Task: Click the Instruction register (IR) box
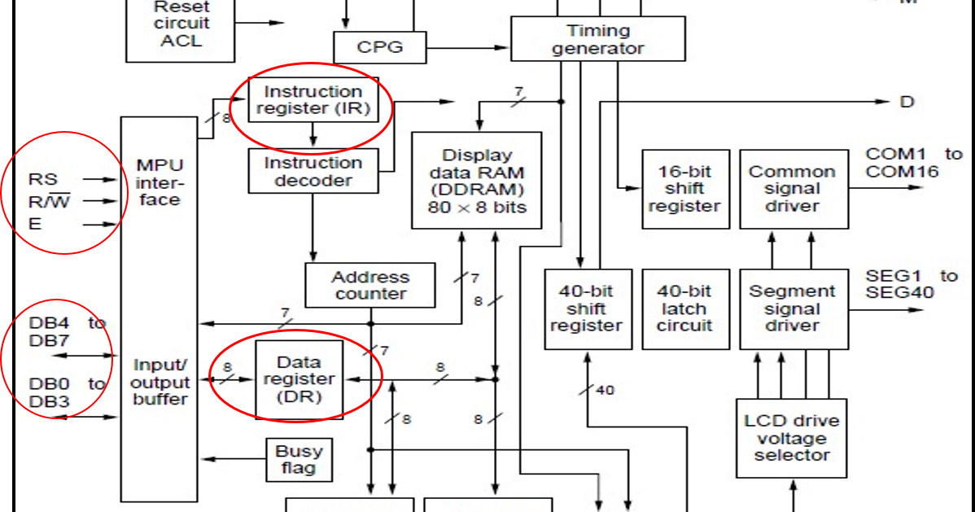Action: [x=313, y=99]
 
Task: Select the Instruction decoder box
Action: [x=313, y=170]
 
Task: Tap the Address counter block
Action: [x=370, y=285]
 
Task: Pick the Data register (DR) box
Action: [x=299, y=379]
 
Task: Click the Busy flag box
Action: [x=299, y=460]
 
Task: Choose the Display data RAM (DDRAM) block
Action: [x=477, y=181]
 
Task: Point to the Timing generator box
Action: [x=598, y=38]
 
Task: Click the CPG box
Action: [x=380, y=47]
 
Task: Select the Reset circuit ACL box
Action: [x=181, y=28]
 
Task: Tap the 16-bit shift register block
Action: [x=686, y=189]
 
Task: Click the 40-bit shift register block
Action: [x=588, y=309]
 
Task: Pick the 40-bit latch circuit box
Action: [x=686, y=309]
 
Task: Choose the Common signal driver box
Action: [x=794, y=189]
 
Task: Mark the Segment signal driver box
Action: [x=794, y=309]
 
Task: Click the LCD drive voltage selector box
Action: [x=792, y=439]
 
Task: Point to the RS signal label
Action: [x=43, y=179]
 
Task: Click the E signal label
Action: [x=35, y=223]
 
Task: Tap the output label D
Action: [x=907, y=102]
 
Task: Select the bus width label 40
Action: [x=605, y=390]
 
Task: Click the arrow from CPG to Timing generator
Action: [x=468, y=47]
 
